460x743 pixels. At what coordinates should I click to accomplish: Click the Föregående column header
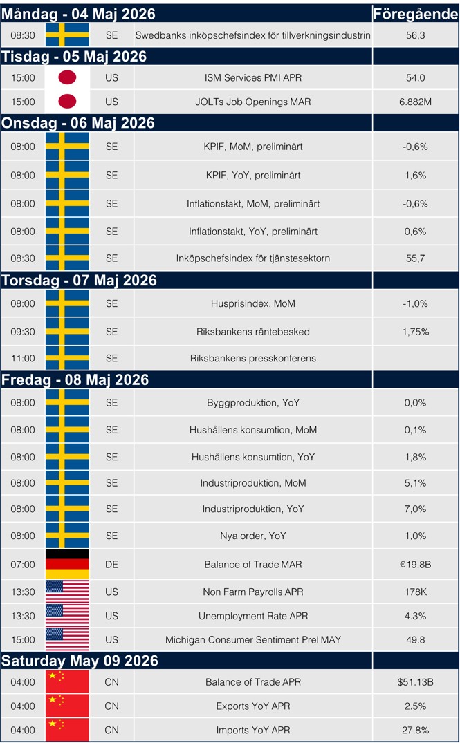(415, 14)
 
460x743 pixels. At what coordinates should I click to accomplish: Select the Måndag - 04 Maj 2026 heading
(78, 14)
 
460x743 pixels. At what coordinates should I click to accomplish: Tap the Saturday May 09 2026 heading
(80, 661)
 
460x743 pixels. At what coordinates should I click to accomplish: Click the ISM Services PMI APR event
(252, 78)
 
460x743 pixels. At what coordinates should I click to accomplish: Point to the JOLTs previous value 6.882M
(415, 102)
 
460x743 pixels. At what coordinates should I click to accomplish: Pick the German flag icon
(67, 564)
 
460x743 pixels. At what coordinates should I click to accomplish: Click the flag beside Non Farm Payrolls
(67, 592)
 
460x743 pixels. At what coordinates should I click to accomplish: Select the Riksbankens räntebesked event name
(252, 332)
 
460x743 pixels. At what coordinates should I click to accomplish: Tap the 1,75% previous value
(415, 332)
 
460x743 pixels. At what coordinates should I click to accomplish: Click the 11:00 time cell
(23, 358)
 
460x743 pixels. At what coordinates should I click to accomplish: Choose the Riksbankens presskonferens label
(252, 358)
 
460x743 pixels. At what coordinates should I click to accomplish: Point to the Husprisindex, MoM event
(252, 303)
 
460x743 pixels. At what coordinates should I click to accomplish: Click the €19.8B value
(415, 564)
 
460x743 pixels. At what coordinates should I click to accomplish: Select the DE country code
(111, 564)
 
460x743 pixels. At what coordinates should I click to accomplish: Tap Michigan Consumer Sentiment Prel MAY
(252, 640)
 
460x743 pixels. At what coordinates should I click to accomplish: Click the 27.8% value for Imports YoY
(415, 730)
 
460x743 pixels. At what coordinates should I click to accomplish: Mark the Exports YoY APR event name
(252, 706)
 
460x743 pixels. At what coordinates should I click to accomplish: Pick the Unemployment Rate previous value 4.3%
(415, 616)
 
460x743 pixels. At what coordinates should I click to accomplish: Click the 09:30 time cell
(23, 332)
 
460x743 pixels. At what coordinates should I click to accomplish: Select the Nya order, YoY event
(252, 536)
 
